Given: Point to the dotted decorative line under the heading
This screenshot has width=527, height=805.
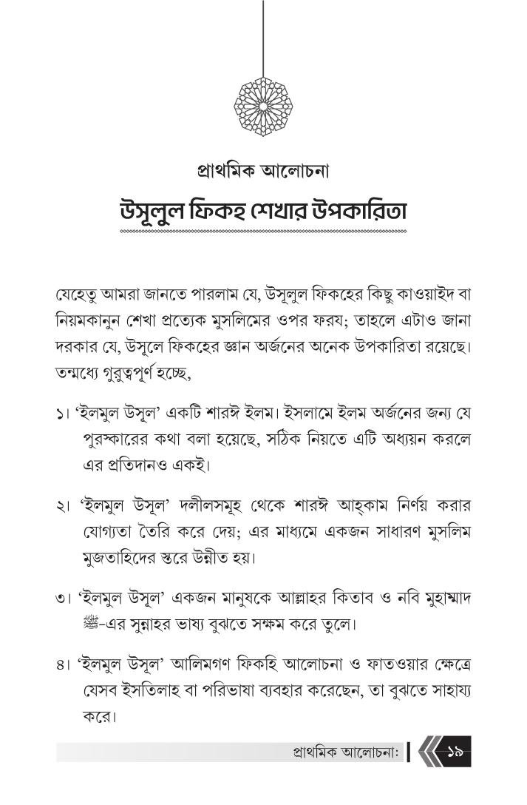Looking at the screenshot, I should [263, 232].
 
